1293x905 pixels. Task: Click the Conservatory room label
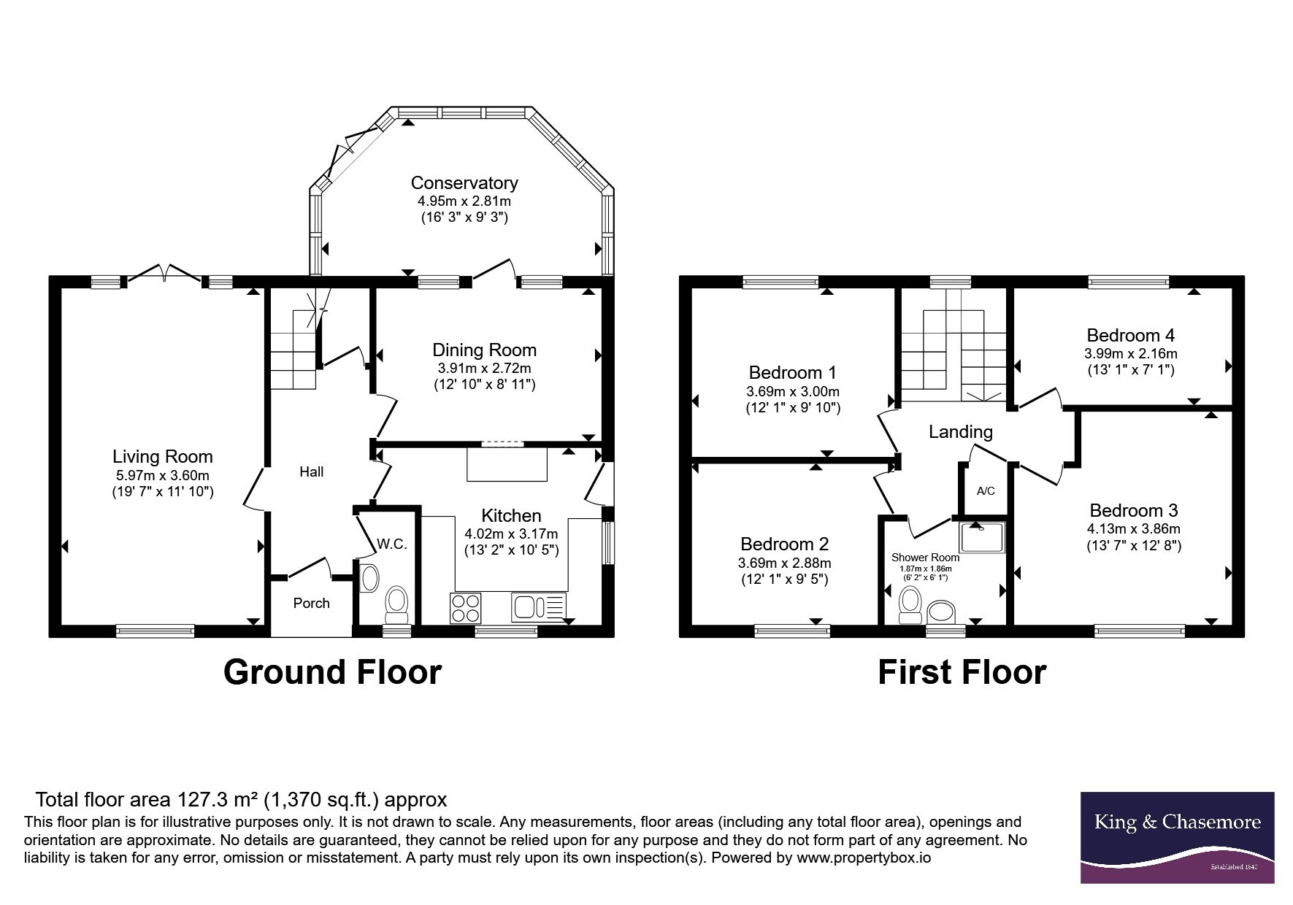[464, 182]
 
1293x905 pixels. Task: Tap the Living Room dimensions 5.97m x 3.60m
[162, 475]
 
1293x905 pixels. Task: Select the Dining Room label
[484, 350]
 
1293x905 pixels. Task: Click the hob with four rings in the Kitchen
[467, 608]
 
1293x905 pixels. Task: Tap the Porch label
[311, 603]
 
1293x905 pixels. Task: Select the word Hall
[312, 471]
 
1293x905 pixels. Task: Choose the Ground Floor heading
[332, 672]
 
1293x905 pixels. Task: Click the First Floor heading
[962, 672]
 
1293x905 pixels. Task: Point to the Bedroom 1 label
[793, 372]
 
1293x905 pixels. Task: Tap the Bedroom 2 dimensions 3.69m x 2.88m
[785, 563]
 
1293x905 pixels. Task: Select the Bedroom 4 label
[1131, 335]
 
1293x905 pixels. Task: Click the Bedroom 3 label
[1134, 510]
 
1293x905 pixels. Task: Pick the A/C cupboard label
[986, 490]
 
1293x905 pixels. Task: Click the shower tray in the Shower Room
[982, 536]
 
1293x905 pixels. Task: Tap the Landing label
[961, 431]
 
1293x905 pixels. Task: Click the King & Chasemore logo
[1177, 838]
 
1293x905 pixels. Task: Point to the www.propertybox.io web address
[864, 858]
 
